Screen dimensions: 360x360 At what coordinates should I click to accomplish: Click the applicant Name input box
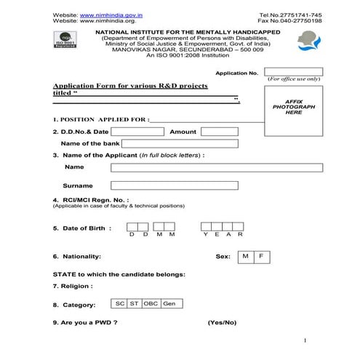point(216,168)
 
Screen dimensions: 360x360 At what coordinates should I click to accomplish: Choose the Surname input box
point(174,185)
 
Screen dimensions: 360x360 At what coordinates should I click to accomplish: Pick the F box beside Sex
point(262,257)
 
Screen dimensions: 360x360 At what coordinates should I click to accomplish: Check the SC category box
point(120,303)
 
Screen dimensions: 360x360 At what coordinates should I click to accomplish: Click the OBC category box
point(151,303)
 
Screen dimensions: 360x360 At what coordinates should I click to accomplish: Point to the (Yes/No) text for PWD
point(222,321)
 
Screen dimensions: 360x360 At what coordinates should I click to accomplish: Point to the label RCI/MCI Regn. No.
point(90,199)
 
